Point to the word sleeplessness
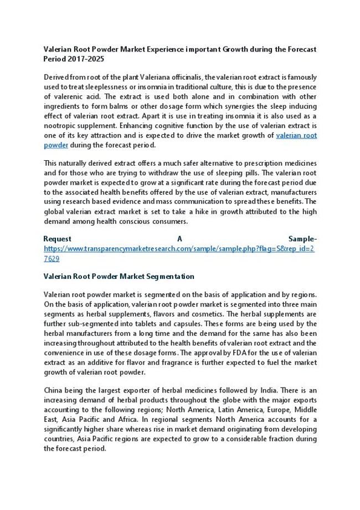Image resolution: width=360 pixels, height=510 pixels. [85, 86]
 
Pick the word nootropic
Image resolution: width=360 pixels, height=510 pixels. [60, 126]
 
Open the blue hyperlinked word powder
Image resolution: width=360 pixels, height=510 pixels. [56, 145]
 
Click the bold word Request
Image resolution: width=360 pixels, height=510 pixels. [58, 239]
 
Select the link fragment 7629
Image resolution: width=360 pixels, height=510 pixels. [52, 258]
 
